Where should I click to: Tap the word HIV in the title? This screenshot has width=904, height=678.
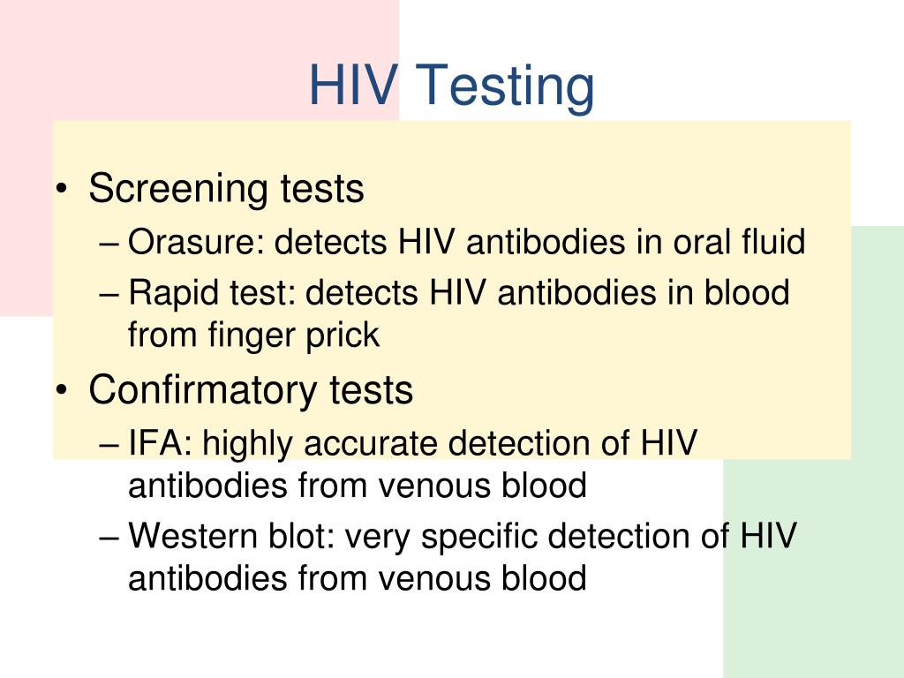coord(352,86)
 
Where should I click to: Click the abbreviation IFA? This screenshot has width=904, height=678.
coord(161,443)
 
